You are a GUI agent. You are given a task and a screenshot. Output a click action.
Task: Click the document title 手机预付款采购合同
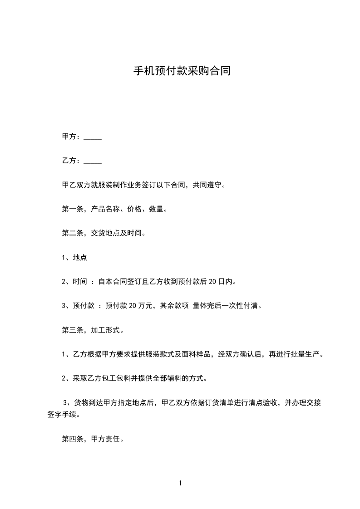[182, 71]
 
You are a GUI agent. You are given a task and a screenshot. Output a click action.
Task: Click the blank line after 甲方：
[93, 137]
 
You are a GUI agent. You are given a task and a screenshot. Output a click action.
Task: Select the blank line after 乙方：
[93, 161]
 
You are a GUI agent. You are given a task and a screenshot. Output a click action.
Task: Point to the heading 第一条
[71, 210]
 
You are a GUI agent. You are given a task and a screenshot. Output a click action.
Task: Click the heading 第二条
[71, 234]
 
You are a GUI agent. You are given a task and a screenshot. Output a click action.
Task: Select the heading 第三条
[71, 330]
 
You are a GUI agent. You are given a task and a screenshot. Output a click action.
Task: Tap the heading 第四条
[71, 439]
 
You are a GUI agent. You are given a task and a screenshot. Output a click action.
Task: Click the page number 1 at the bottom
[180, 484]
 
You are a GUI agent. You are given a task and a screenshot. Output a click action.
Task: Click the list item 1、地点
[74, 258]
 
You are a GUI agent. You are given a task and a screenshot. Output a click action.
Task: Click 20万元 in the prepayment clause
[140, 306]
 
